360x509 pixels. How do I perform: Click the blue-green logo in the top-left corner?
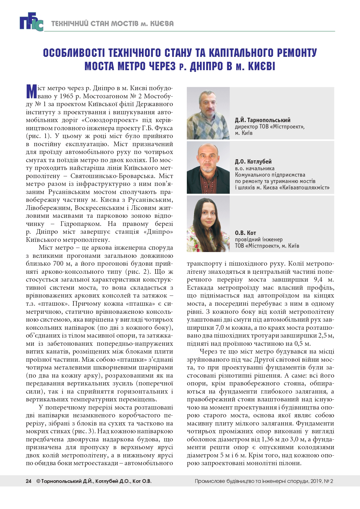pos(31,22)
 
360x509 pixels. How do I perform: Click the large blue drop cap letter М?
pos(31,92)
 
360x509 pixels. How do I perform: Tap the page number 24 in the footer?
pos(28,481)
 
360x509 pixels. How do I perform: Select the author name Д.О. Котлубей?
pos(253,162)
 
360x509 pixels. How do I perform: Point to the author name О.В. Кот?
pos(245,233)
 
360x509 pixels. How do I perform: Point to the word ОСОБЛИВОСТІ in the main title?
pos(75,53)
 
